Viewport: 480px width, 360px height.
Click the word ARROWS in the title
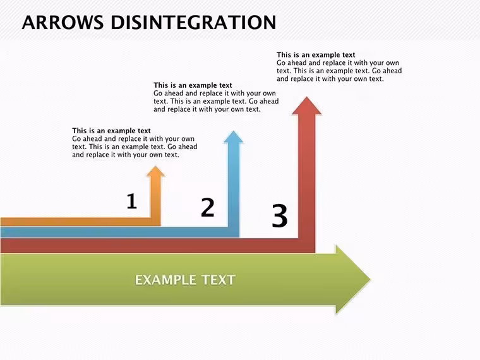coord(63,22)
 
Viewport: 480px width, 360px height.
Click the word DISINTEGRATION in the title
coord(193,22)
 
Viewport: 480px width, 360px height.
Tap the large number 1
coord(131,201)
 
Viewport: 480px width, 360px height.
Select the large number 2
coord(208,207)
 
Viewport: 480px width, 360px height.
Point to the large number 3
coord(280,215)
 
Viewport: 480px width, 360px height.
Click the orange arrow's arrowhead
coord(155,171)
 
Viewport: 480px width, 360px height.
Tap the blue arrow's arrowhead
coord(234,137)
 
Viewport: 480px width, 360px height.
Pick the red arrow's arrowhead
coord(307,106)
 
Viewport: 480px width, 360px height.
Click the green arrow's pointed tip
coord(370,279)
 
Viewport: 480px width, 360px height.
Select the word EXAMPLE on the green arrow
coord(165,280)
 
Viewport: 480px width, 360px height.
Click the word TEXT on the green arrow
coord(219,280)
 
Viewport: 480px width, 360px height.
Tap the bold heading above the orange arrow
coord(111,131)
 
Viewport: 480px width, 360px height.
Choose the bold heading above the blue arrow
coord(193,85)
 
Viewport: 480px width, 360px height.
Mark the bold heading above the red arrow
coord(316,55)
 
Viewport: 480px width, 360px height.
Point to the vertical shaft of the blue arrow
coord(234,185)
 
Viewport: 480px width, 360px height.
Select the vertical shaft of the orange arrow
coord(155,197)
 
